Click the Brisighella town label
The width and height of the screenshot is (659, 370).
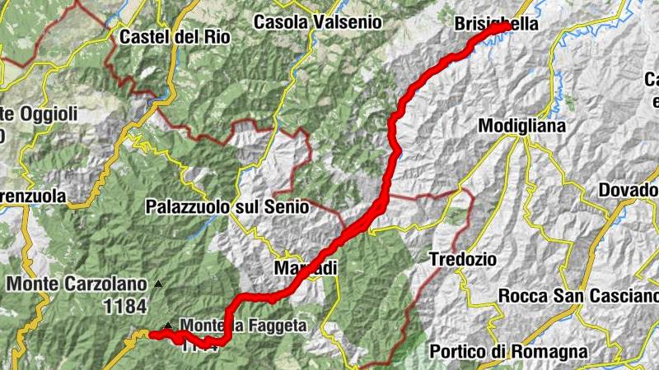coord(496,25)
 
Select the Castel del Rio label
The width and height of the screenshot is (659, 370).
coord(175,37)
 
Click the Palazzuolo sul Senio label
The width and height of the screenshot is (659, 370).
coord(227,207)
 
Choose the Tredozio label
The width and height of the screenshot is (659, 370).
coord(463,259)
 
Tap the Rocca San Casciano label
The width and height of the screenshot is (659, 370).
coord(578,296)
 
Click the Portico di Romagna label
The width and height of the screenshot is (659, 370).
coord(509,352)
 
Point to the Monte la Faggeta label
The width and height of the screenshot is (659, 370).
coord(242,326)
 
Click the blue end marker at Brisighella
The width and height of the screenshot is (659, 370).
coord(504,26)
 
